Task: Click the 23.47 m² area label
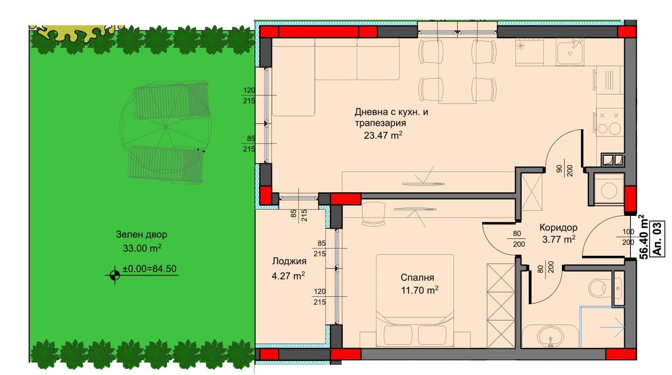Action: [383, 135]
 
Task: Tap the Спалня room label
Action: [417, 277]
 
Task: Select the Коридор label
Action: [558, 227]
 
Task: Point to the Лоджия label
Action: [289, 261]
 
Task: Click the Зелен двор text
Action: [142, 234]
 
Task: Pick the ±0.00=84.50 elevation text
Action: [149, 269]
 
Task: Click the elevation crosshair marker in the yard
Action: [115, 275]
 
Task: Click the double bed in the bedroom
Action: [415, 300]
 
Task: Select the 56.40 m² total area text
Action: [642, 237]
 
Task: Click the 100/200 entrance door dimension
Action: [628, 237]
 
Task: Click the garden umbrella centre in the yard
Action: [165, 127]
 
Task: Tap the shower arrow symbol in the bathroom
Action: [612, 328]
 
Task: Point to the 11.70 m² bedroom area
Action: [420, 290]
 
